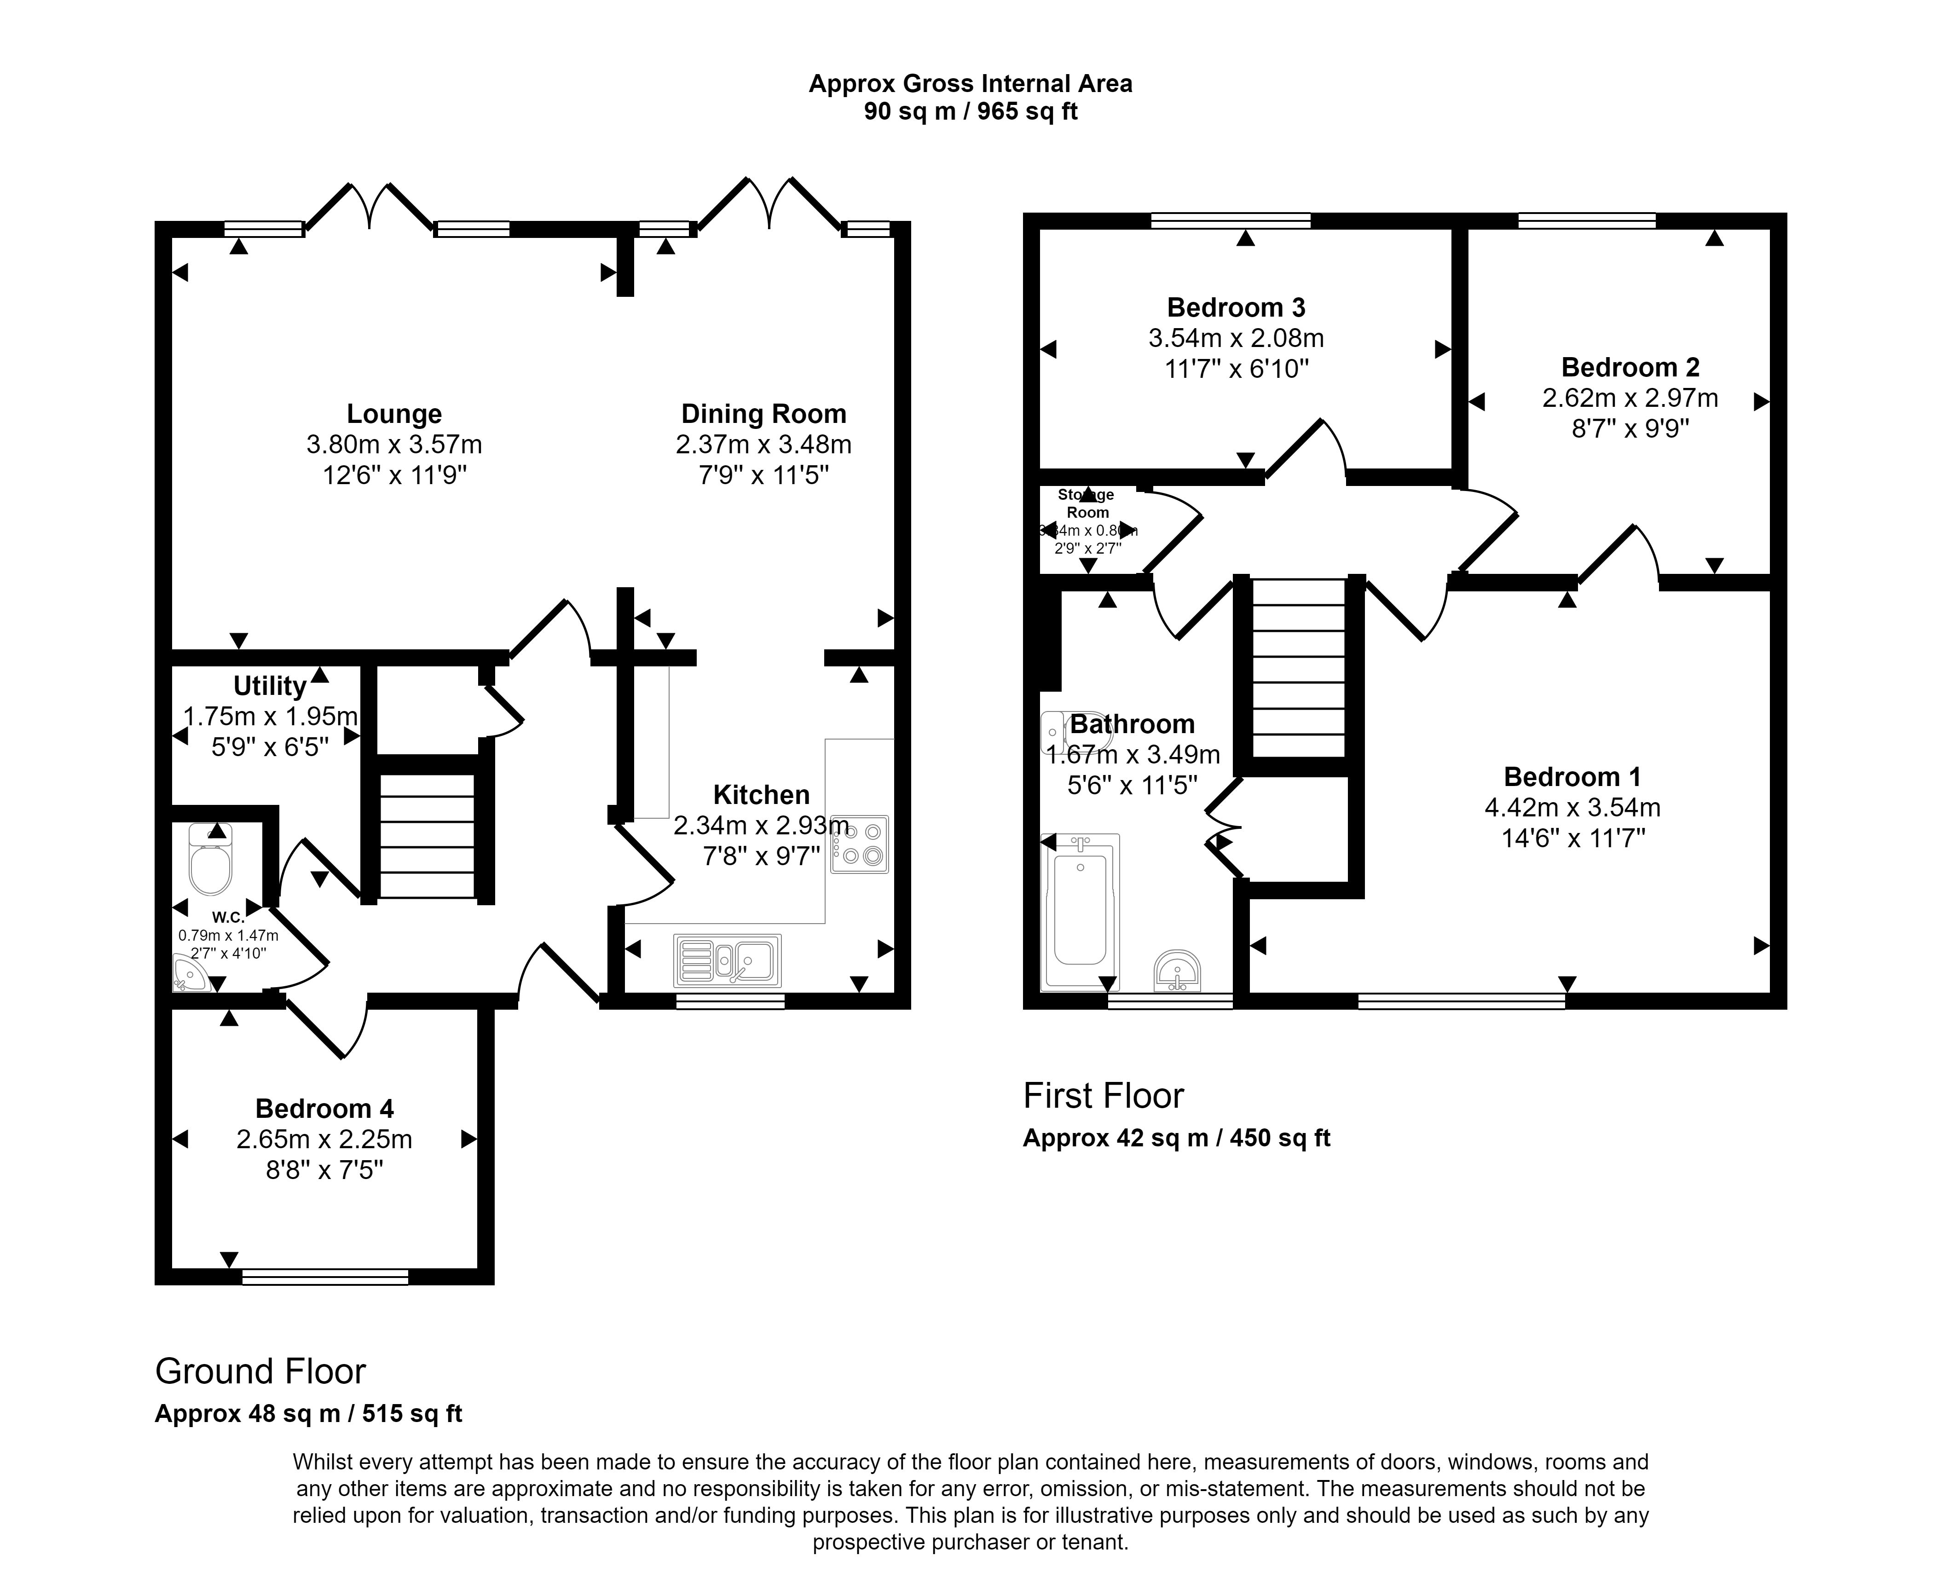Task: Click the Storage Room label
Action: [x=1087, y=504]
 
